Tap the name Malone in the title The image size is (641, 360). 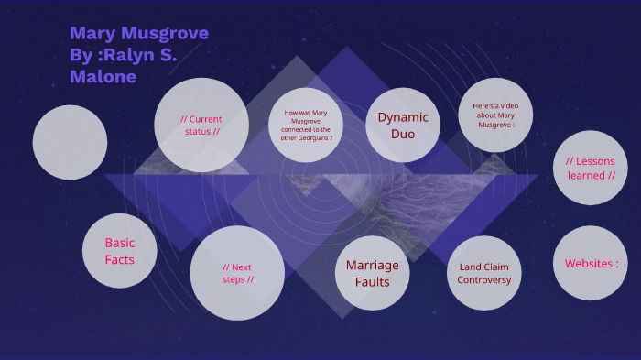point(103,77)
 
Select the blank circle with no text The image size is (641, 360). point(70,142)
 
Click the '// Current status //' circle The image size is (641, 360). point(201,125)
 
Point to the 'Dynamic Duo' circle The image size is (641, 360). point(403,125)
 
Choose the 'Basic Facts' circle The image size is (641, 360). point(120,251)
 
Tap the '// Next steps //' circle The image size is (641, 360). point(237,273)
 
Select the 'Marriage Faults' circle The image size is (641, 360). point(372,273)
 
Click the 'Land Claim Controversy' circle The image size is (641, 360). point(484,273)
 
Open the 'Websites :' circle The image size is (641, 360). point(591,263)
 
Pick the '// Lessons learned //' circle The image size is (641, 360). point(591,168)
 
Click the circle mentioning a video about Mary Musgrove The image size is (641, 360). point(494,115)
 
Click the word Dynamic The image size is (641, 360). point(403,117)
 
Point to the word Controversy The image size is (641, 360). point(484,280)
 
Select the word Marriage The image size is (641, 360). point(372,265)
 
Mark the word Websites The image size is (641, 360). point(587,264)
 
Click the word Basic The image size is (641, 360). point(120,243)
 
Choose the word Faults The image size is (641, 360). point(372,282)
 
